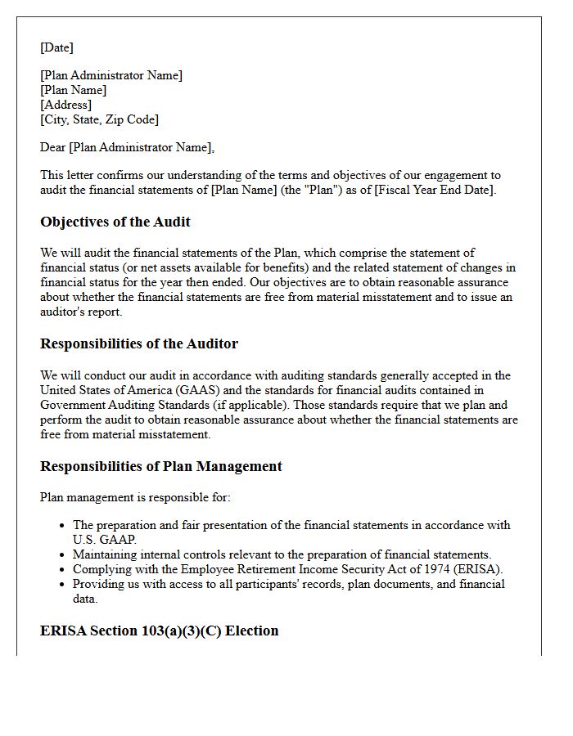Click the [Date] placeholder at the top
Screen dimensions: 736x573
56,47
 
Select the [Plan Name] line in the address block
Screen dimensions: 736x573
74,90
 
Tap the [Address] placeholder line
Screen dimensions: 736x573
65,105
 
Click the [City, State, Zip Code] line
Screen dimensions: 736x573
99,119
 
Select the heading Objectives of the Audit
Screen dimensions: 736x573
115,222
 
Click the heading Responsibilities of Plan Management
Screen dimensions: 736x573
161,466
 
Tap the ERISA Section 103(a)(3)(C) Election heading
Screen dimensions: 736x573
160,631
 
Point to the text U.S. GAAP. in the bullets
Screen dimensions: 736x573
105,540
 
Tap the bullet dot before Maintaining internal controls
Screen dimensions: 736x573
62,554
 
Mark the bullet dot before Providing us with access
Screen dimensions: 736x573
62,584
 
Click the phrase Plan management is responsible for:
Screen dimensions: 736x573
135,496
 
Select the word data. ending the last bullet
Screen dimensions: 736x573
85,599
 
